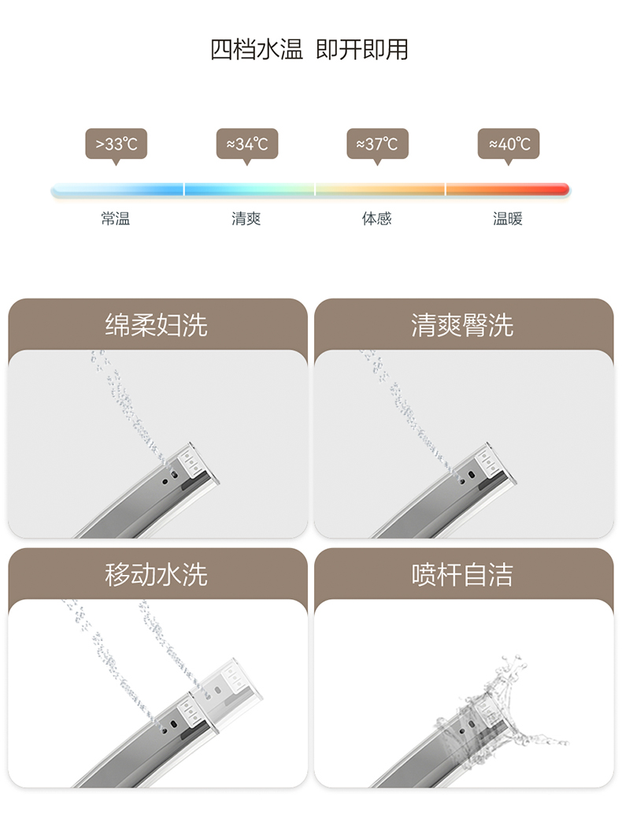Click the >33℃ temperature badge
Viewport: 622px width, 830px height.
pyautogui.click(x=116, y=144)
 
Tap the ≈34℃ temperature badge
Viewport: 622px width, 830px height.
pyautogui.click(x=246, y=144)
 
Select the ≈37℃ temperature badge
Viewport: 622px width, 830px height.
pyautogui.click(x=377, y=144)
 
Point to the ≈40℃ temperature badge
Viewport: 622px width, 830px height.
pyautogui.click(x=508, y=144)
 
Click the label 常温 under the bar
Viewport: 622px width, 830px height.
pyautogui.click(x=116, y=219)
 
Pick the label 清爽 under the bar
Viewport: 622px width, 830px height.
pyautogui.click(x=246, y=219)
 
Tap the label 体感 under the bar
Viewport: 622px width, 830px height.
pyautogui.click(x=377, y=219)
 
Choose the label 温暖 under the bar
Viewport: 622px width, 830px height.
pyautogui.click(x=508, y=219)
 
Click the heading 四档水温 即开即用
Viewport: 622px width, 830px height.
pyautogui.click(x=309, y=50)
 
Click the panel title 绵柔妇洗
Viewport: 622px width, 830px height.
pyautogui.click(x=157, y=325)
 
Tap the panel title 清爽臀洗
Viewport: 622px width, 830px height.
pyautogui.click(x=462, y=325)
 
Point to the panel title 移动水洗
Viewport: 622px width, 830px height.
pyautogui.click(x=157, y=574)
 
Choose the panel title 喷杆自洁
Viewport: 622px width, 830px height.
pyautogui.click(x=462, y=574)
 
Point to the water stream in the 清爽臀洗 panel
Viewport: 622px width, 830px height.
pyautogui.click(x=402, y=402)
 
